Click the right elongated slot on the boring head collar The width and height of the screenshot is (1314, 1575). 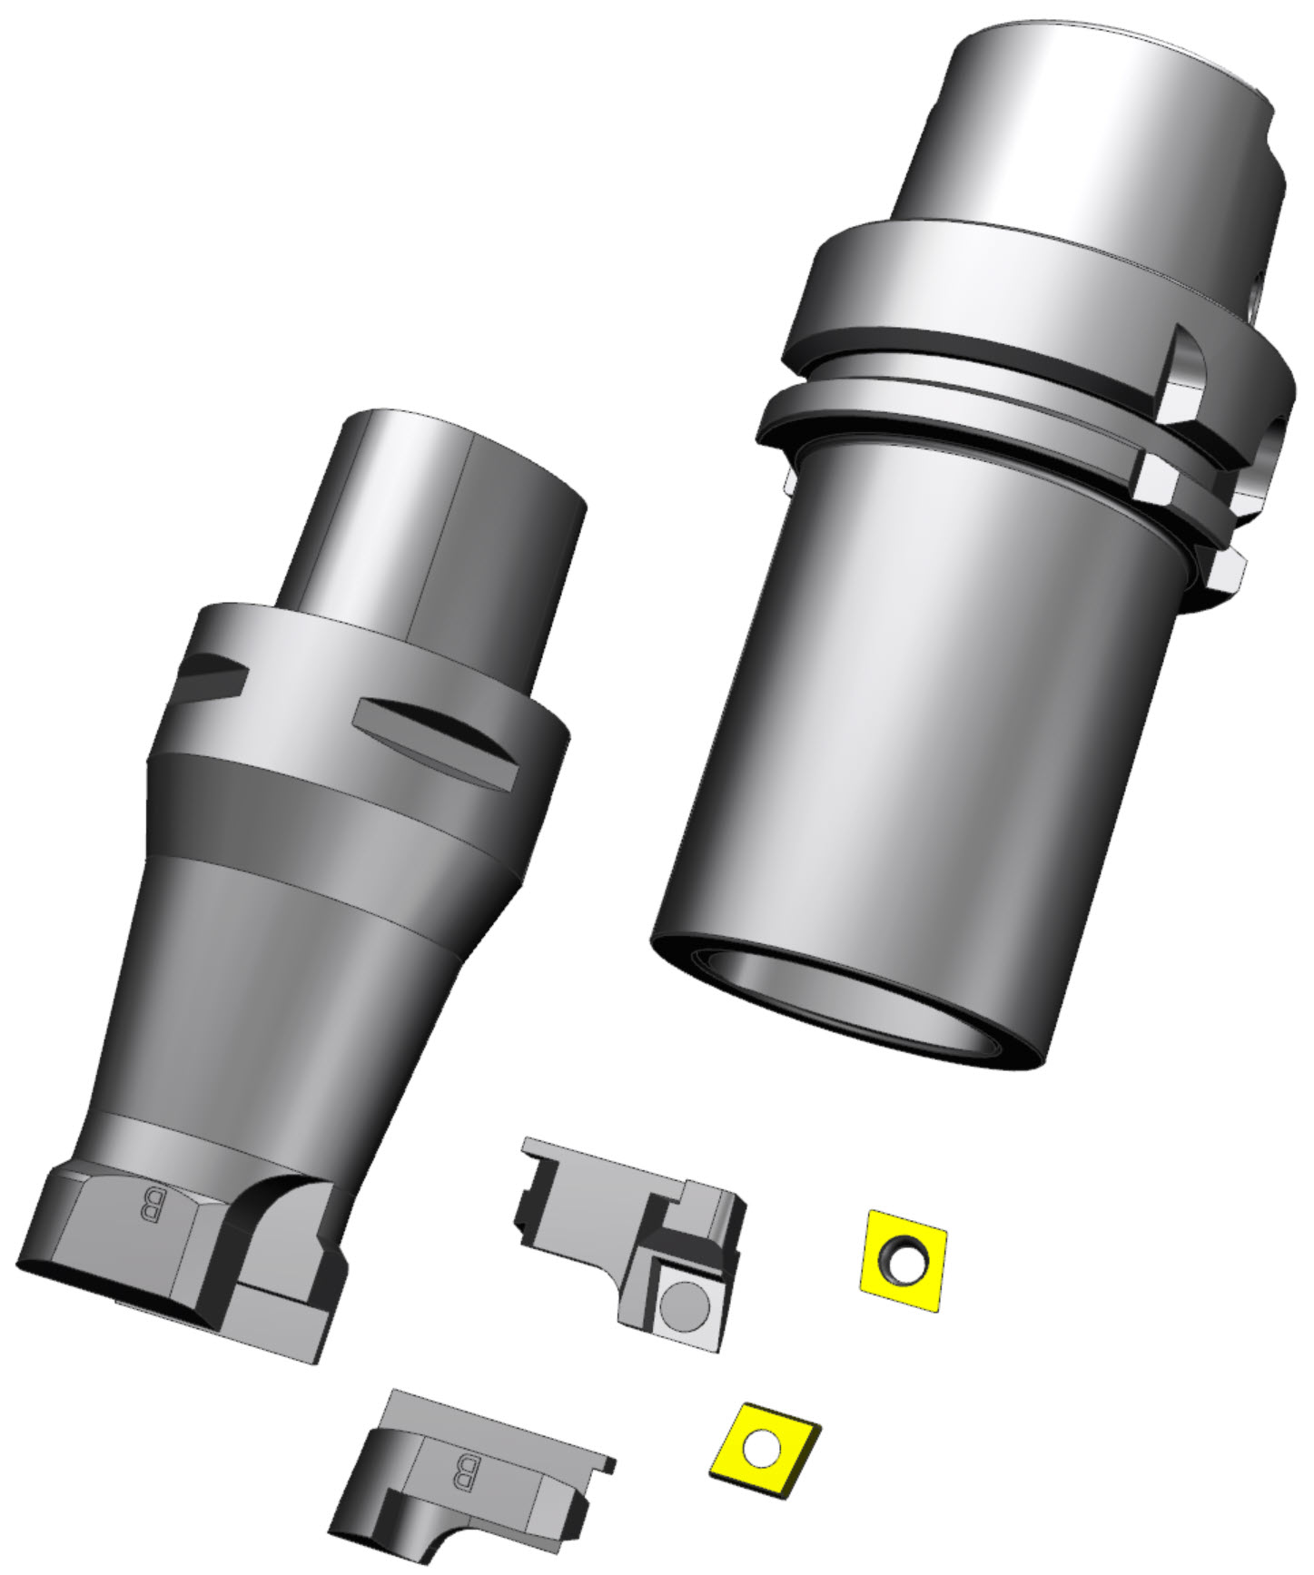[436, 731]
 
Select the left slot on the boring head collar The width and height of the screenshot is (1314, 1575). [214, 674]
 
